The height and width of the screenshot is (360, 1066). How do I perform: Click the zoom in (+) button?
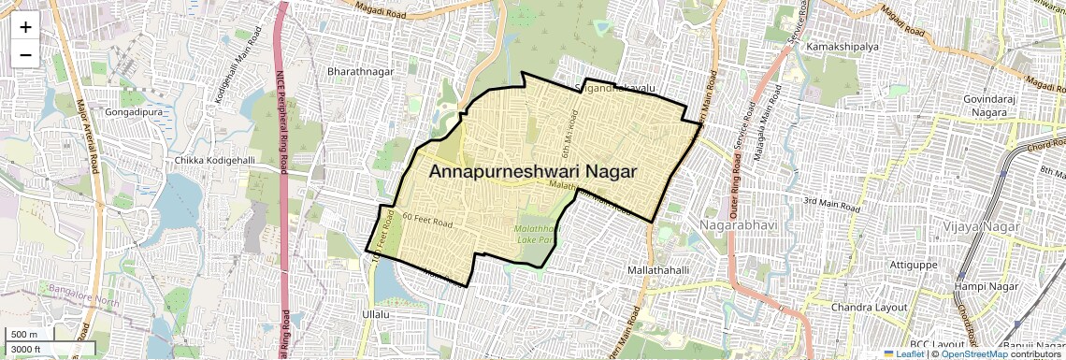25,27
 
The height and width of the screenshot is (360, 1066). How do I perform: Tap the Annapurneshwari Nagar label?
533,172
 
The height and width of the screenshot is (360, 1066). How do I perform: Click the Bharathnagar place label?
361,71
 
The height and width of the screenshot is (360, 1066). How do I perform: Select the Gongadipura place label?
137,111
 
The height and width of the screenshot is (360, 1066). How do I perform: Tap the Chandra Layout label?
870,307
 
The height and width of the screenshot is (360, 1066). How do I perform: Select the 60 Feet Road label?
426,221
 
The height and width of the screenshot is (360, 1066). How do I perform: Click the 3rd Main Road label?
830,201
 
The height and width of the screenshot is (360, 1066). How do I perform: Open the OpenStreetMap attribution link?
973,353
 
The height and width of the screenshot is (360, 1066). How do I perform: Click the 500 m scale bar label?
24,335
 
